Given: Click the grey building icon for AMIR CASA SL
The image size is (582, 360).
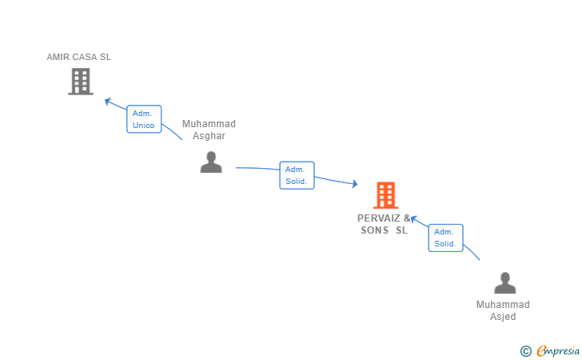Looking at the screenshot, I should tap(80, 82).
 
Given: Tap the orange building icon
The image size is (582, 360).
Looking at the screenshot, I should tap(385, 195).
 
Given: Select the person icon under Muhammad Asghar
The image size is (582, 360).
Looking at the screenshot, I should tap(211, 162).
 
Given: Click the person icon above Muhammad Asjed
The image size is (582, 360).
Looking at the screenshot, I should tap(504, 283).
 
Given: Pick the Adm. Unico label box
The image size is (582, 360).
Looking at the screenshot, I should tap(144, 119).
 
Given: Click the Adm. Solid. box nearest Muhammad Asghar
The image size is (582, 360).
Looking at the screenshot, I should tap(297, 175).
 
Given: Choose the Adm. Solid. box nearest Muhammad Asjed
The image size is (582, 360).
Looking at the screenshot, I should tap(445, 238).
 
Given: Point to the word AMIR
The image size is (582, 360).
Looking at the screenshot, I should tap(58, 57).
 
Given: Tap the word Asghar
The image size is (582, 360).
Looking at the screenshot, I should tap(209, 136).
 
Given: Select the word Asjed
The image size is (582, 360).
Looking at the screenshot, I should tap(503, 317).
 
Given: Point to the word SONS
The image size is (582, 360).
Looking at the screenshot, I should tap(375, 230).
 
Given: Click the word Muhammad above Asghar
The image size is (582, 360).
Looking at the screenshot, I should tap(209, 124).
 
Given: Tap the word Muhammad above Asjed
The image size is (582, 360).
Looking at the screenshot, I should tap(503, 305).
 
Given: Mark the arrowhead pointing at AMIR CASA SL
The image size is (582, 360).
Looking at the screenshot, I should tap(108, 101).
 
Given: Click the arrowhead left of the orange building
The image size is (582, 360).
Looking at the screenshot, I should tap(354, 185).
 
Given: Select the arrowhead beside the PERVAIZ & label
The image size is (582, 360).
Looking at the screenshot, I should tap(413, 218).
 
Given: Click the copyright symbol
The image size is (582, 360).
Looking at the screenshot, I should tap(525, 350).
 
